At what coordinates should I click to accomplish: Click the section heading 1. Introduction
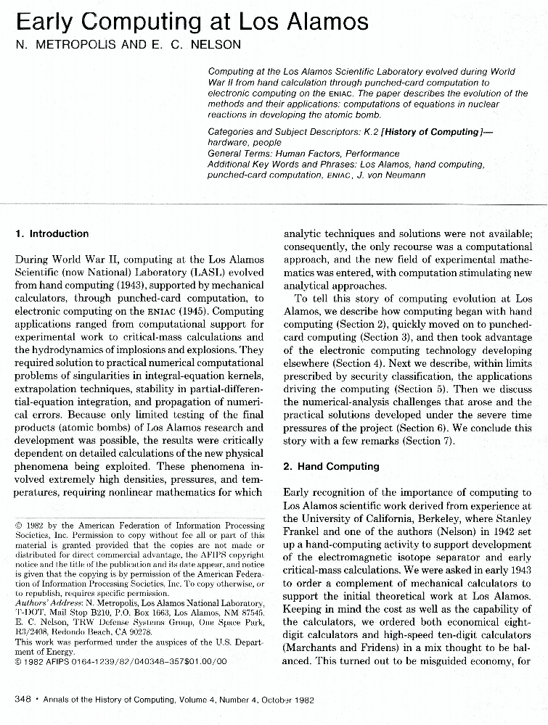pos(52,233)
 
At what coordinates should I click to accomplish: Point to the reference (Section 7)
pos(425,441)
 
